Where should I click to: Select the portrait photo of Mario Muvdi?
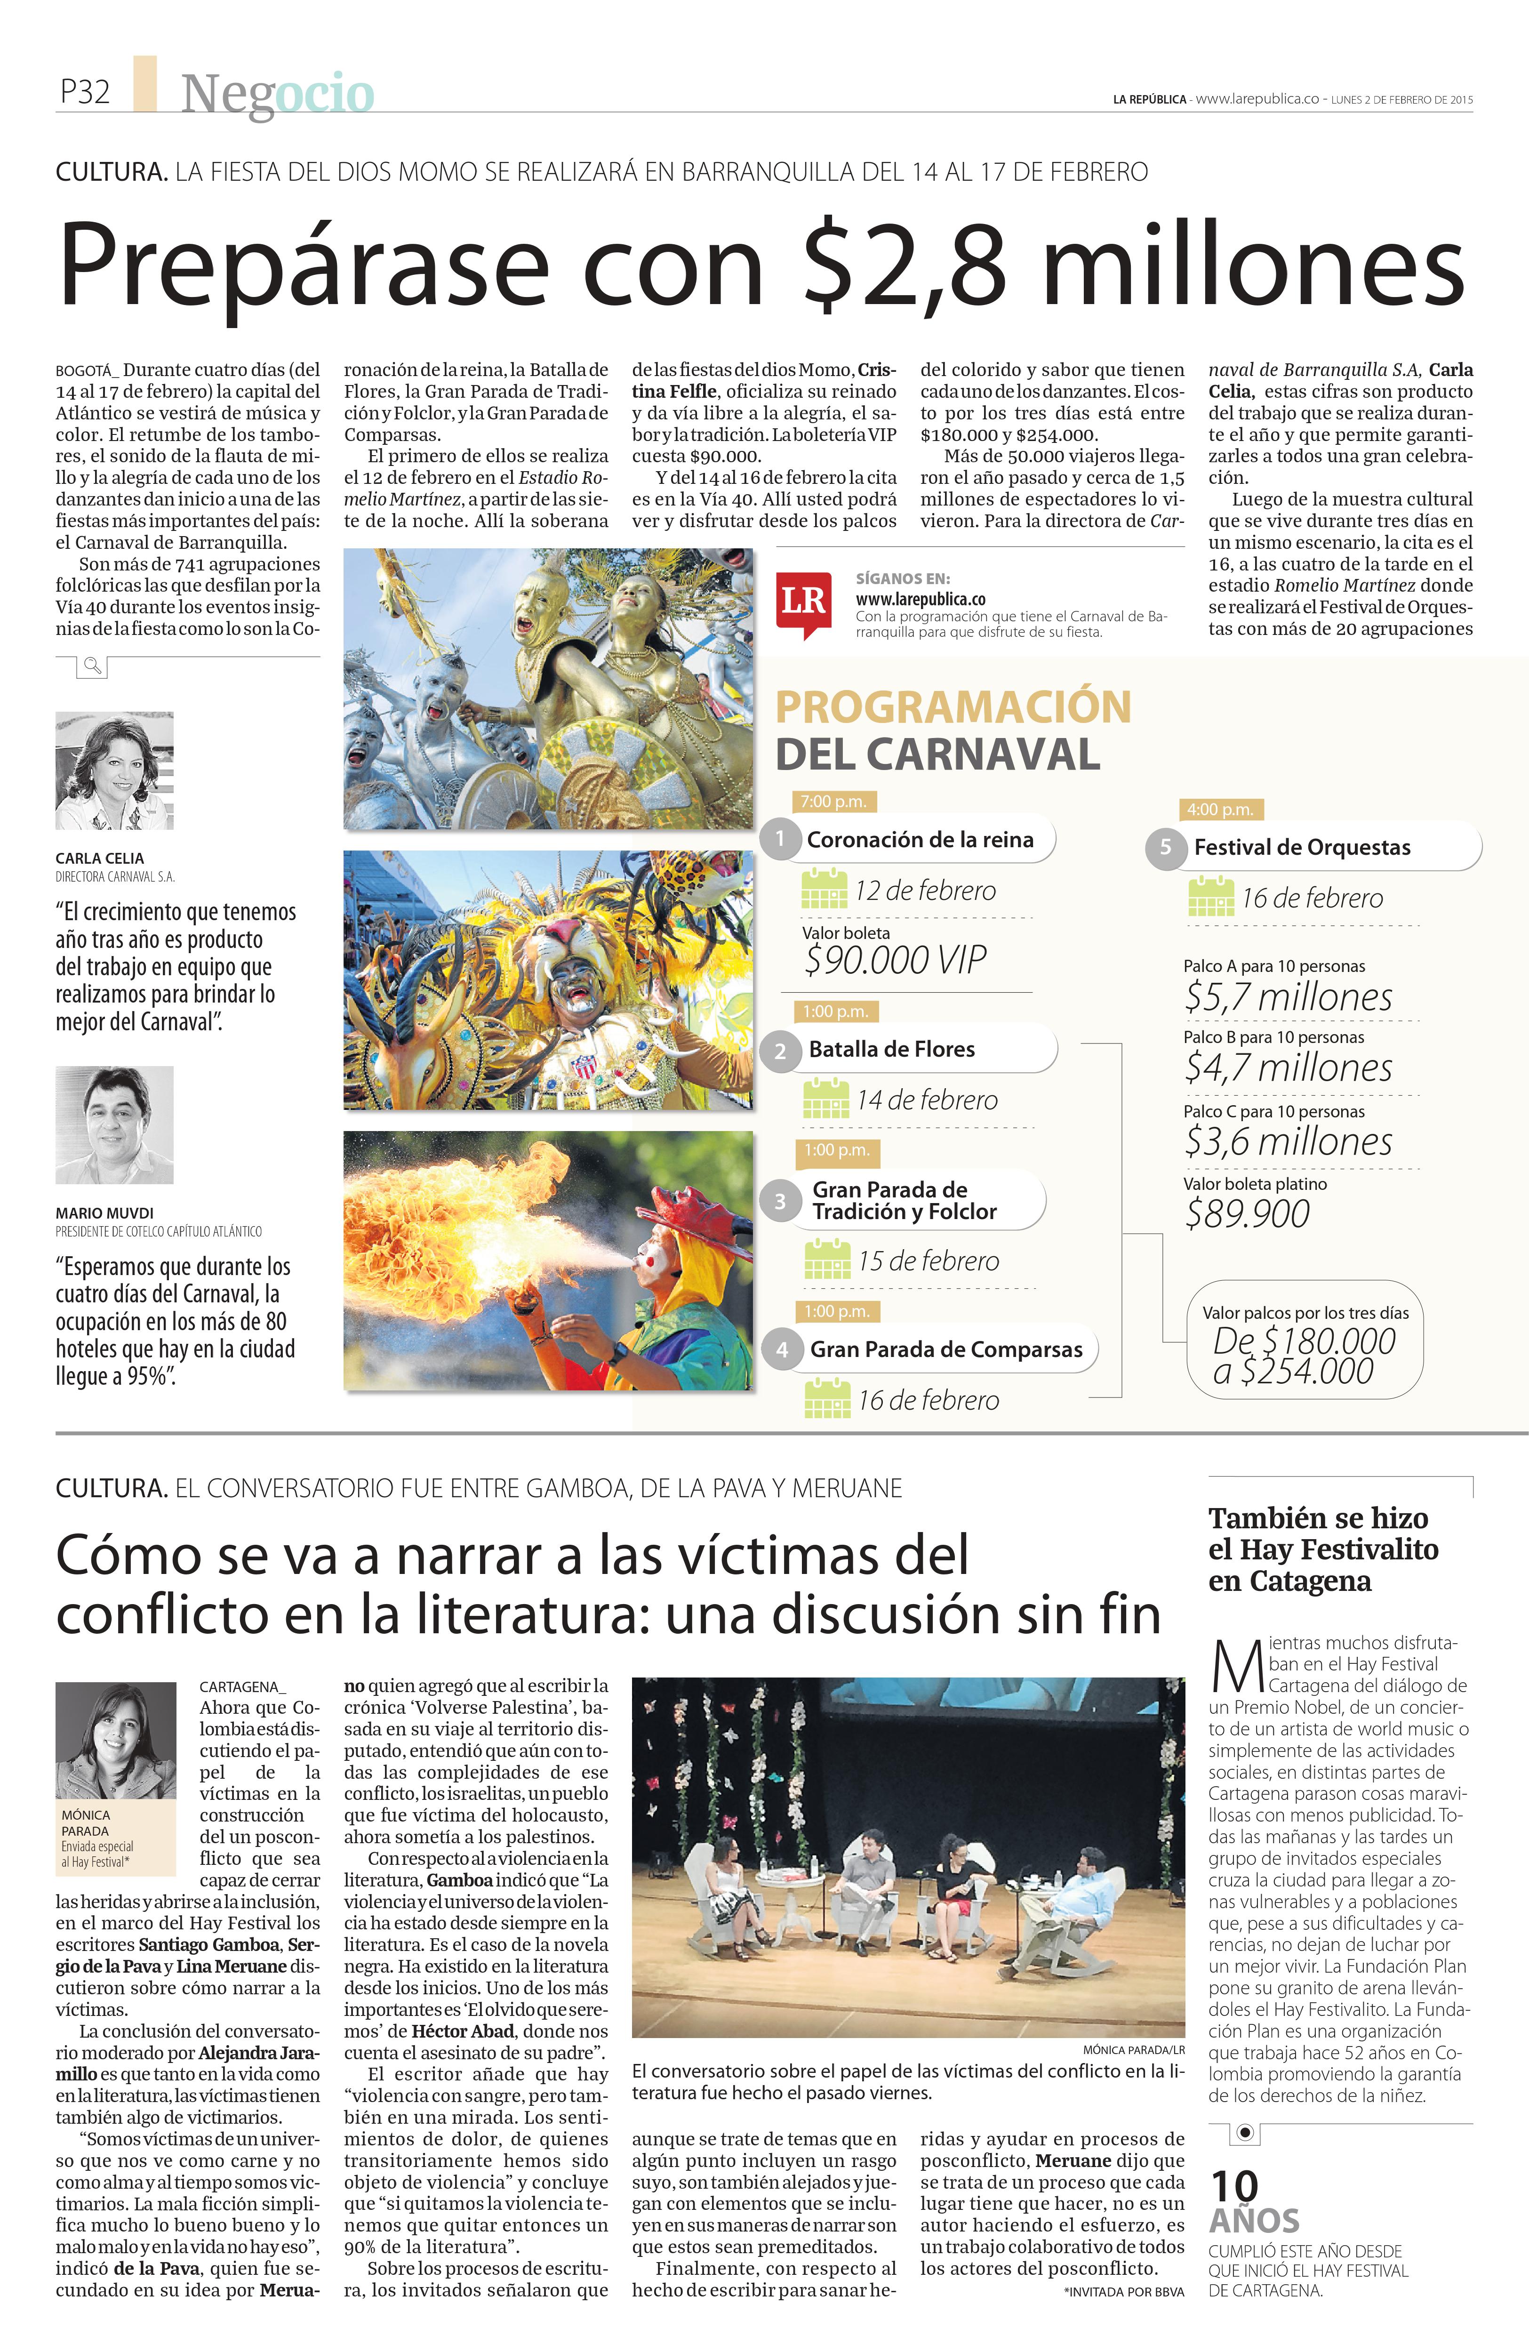tap(115, 1124)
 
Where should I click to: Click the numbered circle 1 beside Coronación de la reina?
tap(780, 839)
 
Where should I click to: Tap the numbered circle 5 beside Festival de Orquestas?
tap(1165, 847)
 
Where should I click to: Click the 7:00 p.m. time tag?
tap(834, 802)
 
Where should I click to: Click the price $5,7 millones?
tap(1288, 997)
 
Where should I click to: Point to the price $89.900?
tap(1247, 1213)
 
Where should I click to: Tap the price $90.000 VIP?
tap(895, 960)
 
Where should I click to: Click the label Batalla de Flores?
tap(891, 1050)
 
